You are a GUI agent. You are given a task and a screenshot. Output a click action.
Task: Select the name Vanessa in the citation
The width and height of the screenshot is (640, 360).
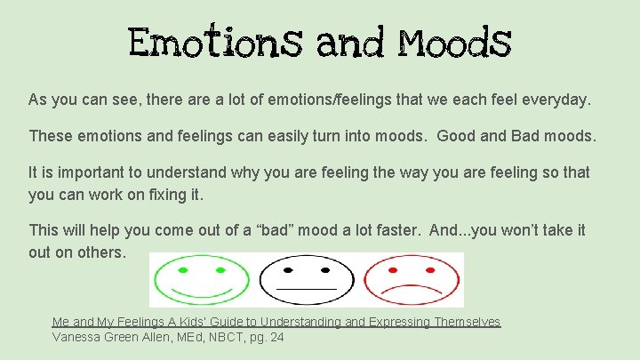click(79, 337)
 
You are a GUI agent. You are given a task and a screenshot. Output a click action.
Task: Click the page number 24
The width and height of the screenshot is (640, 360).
click(276, 337)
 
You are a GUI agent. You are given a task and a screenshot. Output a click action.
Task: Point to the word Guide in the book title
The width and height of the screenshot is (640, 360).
click(234, 322)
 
